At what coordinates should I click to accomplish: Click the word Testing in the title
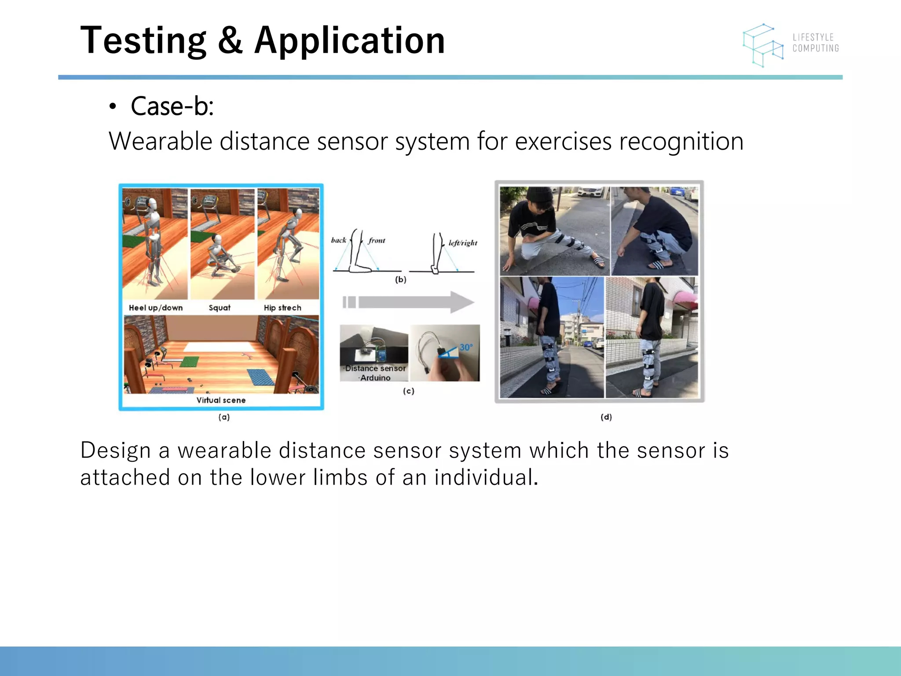tap(143, 40)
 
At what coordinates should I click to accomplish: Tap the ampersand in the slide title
tap(230, 40)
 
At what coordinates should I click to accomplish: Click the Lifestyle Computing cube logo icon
tap(763, 45)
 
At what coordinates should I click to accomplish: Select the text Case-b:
tap(172, 107)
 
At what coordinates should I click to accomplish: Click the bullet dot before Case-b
tap(113, 107)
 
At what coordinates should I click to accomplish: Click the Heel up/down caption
tap(155, 308)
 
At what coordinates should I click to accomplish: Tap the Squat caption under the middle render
tap(220, 308)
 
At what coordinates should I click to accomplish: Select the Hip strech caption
tap(282, 308)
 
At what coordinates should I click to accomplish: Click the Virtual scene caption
tap(221, 400)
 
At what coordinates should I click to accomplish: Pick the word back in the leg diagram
tap(338, 240)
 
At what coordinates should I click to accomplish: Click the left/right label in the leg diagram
tap(463, 243)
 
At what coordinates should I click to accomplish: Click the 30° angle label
tap(466, 347)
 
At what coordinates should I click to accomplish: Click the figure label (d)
tap(606, 417)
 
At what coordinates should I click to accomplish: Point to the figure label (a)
tap(224, 417)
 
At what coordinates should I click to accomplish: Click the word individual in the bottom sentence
tap(486, 478)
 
